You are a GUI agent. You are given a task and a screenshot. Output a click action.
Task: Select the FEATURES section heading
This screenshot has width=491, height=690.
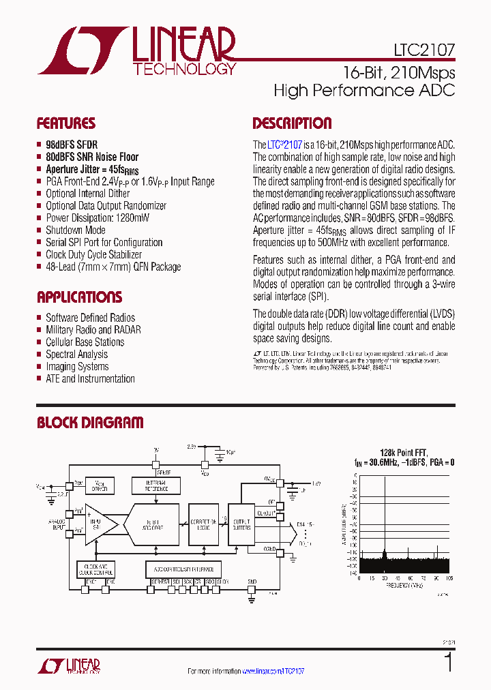65,123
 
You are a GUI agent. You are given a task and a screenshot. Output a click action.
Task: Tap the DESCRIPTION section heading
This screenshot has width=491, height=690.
292,123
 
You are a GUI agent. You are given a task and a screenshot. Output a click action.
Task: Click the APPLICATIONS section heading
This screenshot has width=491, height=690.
79,297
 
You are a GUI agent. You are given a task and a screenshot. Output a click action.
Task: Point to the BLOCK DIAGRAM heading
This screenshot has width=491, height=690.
90,423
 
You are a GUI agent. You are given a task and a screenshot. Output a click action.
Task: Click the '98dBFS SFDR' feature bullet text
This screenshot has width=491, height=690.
72,145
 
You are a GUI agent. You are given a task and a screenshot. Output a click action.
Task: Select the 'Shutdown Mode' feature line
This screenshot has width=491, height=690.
76,230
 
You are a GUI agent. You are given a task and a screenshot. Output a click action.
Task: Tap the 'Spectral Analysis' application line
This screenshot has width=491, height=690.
76,355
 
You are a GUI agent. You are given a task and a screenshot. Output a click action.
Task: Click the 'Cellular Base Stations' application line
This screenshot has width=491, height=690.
85,342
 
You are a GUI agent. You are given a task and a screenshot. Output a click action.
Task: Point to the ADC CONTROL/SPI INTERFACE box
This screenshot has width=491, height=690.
183,569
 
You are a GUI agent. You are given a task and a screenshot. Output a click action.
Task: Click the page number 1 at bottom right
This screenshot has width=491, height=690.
448,662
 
